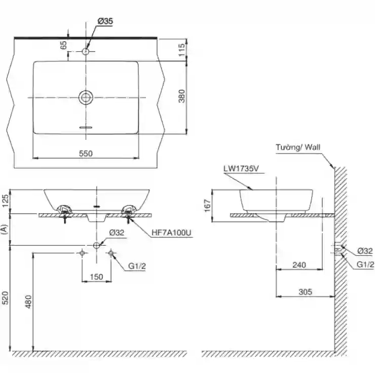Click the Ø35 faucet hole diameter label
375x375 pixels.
(x=105, y=21)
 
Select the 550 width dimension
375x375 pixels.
(x=86, y=154)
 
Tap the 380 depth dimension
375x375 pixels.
(x=182, y=96)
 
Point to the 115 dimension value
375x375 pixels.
(x=182, y=50)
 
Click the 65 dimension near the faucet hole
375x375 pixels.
(x=64, y=45)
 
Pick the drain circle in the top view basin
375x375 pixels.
(x=86, y=97)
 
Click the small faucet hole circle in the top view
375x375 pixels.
(x=85, y=51)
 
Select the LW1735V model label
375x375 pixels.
(x=241, y=169)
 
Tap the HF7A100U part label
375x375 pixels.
(x=171, y=233)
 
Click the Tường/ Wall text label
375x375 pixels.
(x=298, y=147)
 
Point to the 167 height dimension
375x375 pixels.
(x=207, y=206)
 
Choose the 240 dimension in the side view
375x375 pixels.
(x=299, y=265)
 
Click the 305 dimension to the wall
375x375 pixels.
(x=305, y=292)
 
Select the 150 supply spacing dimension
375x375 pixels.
(x=96, y=277)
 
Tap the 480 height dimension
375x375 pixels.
(x=28, y=302)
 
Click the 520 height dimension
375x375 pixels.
(x=5, y=298)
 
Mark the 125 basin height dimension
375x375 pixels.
(x=5, y=201)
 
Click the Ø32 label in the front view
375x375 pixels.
(x=117, y=233)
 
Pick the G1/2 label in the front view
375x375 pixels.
(x=137, y=266)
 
